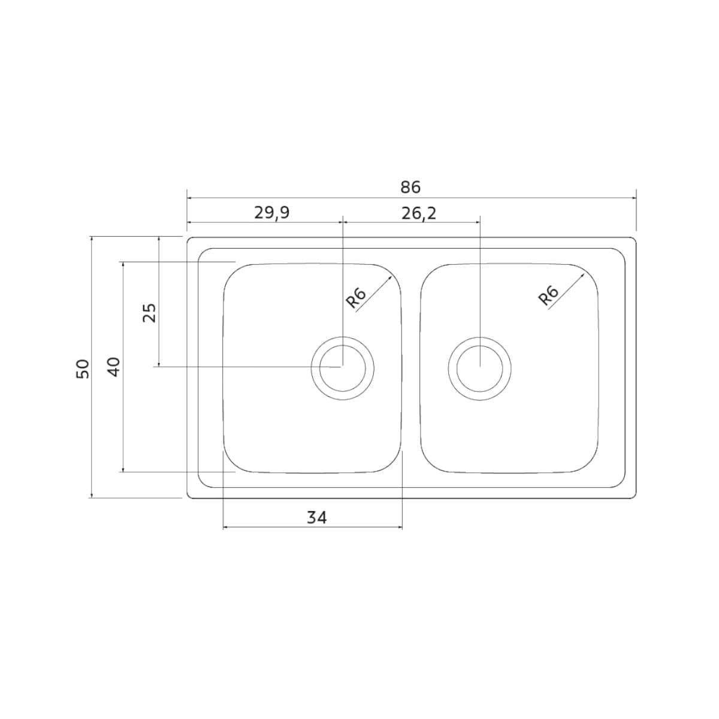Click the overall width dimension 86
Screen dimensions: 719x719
pos(410,188)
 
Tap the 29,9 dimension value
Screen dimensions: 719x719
pos(272,213)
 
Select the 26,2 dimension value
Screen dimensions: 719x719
pos(419,214)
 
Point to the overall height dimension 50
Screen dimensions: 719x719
pos(83,369)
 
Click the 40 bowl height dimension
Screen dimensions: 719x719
pos(114,367)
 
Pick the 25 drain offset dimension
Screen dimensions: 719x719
pos(150,313)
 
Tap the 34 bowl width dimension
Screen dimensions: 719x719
pos(316,518)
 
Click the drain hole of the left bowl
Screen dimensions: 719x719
pos(343,368)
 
